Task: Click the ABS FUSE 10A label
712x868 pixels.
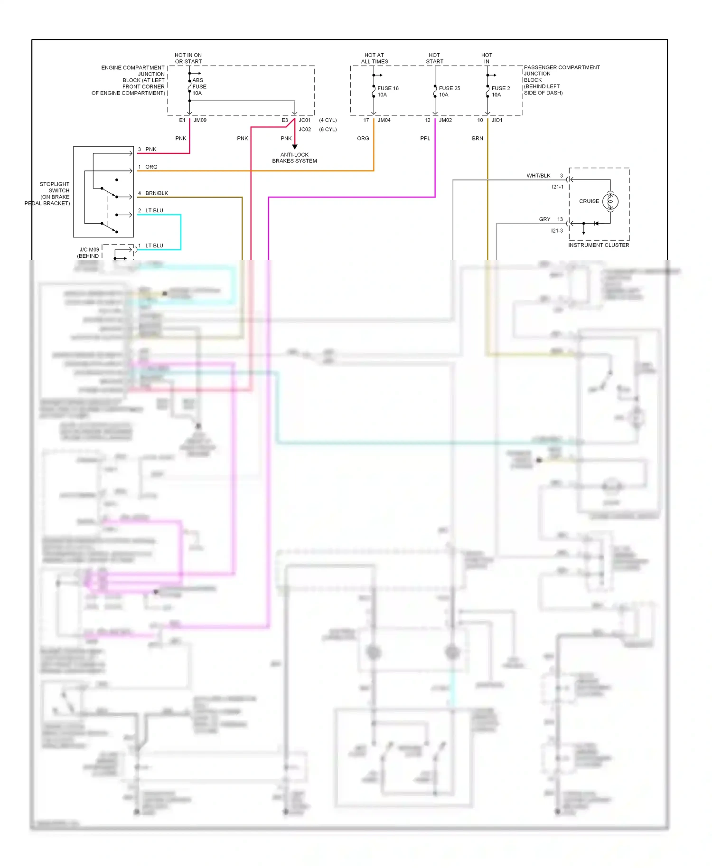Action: [199, 87]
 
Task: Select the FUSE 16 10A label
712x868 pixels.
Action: [387, 92]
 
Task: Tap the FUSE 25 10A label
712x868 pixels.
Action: [449, 92]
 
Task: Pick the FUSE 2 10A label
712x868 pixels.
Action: [500, 92]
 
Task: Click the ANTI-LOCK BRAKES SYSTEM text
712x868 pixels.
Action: [294, 158]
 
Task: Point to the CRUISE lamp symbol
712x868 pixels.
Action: [610, 201]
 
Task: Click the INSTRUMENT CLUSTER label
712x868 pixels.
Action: [598, 245]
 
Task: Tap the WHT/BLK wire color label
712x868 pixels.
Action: [538, 176]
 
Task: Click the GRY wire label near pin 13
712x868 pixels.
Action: [544, 219]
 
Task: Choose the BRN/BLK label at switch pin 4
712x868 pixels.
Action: [157, 193]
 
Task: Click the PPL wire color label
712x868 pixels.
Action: [425, 139]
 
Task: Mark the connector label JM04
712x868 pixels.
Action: [384, 120]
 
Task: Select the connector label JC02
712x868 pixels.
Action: [305, 129]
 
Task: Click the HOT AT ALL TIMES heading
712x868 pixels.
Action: [375, 58]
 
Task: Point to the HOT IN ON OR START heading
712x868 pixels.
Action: [188, 58]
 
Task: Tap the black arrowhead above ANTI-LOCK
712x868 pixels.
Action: [294, 147]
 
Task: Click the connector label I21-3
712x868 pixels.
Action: [557, 231]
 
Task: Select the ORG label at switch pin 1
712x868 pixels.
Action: [151, 167]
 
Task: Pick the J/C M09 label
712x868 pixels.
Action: [89, 250]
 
